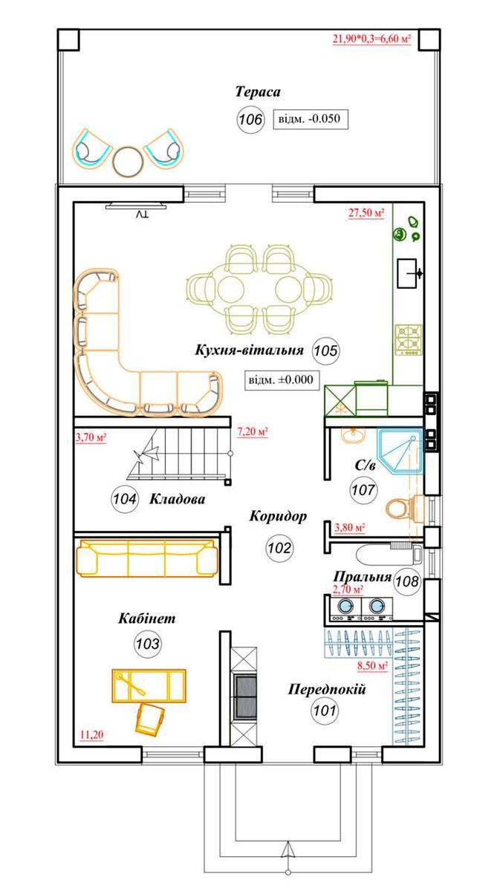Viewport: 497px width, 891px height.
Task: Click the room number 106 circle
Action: pyautogui.click(x=250, y=119)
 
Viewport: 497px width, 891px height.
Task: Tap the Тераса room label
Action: pyautogui.click(x=258, y=92)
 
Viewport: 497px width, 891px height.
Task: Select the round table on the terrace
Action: pyautogui.click(x=128, y=161)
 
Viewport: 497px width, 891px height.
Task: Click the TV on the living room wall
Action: pyautogui.click(x=136, y=206)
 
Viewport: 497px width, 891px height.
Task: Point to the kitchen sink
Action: pyautogui.click(x=407, y=273)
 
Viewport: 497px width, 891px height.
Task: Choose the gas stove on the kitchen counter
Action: pyautogui.click(x=409, y=340)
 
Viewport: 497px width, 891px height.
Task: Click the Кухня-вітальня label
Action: pyautogui.click(x=249, y=350)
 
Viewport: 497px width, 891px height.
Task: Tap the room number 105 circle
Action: pyautogui.click(x=326, y=350)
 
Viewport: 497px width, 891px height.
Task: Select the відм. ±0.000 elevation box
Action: pyautogui.click(x=282, y=380)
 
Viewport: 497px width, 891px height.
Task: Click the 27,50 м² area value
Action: pyautogui.click(x=366, y=213)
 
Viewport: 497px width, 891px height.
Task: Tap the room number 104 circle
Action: pyautogui.click(x=125, y=499)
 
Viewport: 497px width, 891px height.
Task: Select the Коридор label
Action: pyautogui.click(x=278, y=516)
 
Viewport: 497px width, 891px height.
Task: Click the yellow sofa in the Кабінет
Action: pyautogui.click(x=148, y=558)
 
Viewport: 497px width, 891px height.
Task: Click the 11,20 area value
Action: pyautogui.click(x=92, y=734)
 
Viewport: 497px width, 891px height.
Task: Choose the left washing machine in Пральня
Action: pyautogui.click(x=345, y=609)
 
